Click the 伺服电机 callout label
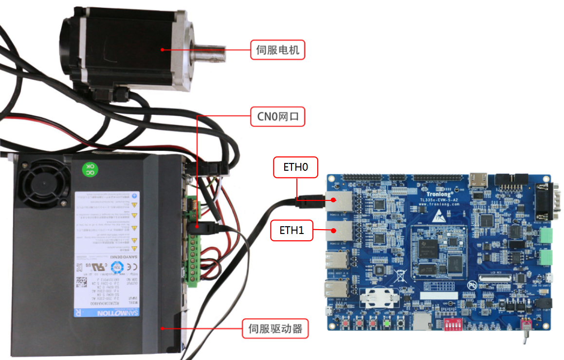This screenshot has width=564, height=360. pos(277,50)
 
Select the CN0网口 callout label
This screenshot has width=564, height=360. pos(277,117)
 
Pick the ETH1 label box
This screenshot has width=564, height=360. pos(291,230)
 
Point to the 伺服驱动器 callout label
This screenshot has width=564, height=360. pos(274,329)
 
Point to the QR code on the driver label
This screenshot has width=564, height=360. pos(81,282)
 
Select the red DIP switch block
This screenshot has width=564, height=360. pos(451,324)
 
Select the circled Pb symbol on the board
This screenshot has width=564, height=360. pos(471,286)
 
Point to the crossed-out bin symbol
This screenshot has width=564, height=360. pos(400,275)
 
